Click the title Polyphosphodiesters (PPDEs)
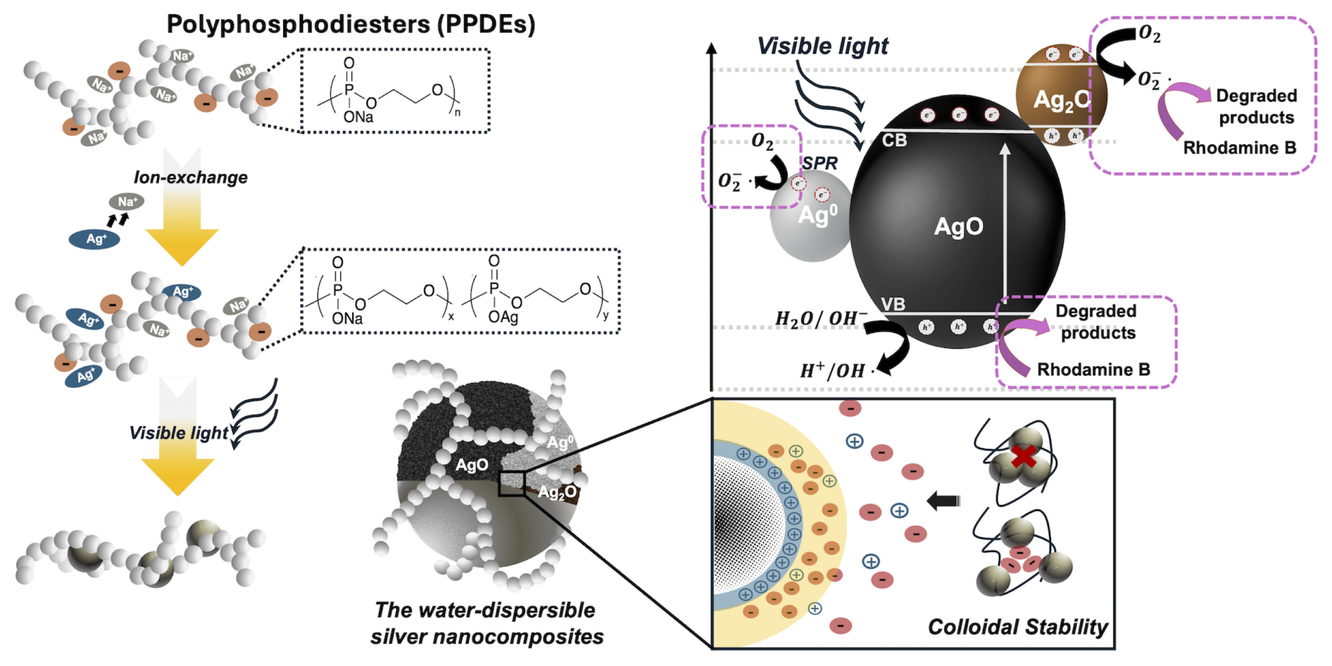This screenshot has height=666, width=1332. click(351, 24)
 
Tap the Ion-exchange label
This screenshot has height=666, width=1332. click(190, 177)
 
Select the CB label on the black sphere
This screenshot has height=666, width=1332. click(894, 140)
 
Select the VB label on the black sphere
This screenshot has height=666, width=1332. click(893, 304)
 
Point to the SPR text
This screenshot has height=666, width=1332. click(819, 163)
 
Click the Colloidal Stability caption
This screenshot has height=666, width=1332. click(1018, 627)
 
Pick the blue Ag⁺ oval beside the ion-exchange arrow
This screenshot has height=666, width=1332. click(95, 239)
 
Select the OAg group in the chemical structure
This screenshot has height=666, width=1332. click(503, 317)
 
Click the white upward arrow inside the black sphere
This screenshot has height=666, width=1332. click(1005, 224)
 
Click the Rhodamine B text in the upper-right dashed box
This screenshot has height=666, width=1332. click(1239, 148)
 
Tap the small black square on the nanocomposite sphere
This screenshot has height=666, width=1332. click(511, 483)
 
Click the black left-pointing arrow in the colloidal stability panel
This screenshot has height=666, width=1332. click(943, 501)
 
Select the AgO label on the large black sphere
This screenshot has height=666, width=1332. click(958, 226)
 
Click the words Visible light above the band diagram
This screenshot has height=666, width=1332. click(823, 46)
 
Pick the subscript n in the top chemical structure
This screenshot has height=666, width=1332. click(457, 112)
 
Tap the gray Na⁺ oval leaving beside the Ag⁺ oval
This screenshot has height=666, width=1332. click(126, 201)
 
